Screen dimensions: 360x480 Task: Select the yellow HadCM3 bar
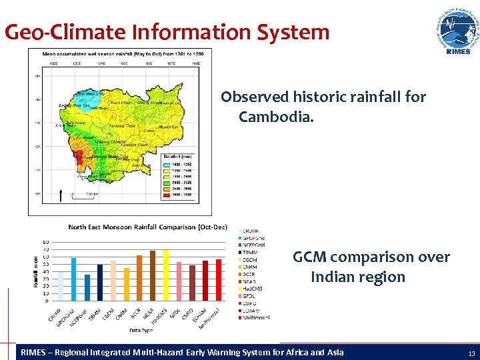coord(165,275)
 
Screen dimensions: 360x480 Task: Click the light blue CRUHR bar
coord(61,286)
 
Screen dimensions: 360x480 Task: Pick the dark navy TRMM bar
coord(100,283)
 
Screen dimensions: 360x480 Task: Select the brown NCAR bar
coord(153,276)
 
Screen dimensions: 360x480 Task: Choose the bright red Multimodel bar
coord(218,281)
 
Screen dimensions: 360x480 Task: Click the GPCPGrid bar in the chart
coord(73,279)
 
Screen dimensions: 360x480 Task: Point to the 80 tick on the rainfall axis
coord(45,242)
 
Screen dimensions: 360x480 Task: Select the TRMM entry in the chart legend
coord(251,253)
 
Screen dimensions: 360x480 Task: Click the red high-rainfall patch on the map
coord(79,157)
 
